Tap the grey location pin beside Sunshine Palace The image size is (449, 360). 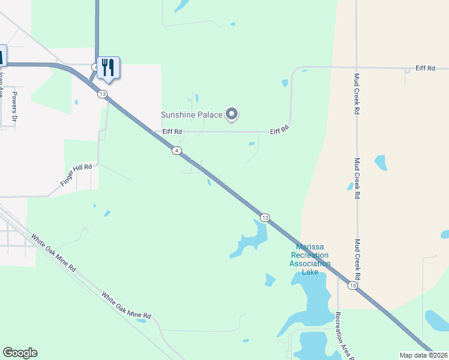pos(232,114)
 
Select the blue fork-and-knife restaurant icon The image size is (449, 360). pos(108,67)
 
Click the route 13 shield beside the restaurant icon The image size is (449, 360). pos(103,94)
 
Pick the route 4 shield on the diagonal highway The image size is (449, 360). pos(176,150)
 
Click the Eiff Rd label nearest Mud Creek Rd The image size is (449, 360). pos(425,68)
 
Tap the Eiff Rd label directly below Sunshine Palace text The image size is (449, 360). pos(159,131)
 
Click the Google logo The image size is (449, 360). pos(20,353)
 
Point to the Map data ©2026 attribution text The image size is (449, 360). pos(424,355)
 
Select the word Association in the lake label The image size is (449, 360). pos(310,263)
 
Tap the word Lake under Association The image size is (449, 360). pos(310,272)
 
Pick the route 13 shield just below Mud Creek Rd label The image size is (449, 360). pos(352,286)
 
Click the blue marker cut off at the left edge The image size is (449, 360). pos(2,55)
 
